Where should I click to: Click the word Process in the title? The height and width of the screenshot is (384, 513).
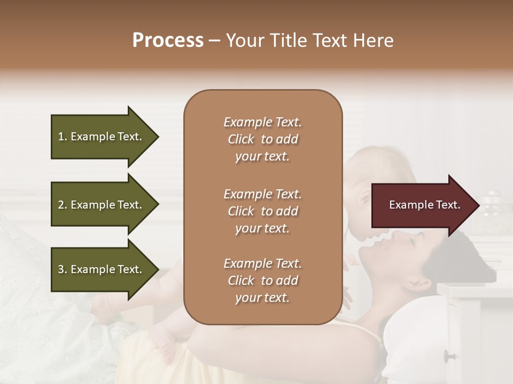click(x=168, y=41)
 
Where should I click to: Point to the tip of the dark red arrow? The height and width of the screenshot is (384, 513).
click(x=477, y=205)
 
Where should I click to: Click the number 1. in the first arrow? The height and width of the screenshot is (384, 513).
click(x=63, y=137)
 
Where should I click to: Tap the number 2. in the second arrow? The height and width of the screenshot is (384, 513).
click(x=63, y=205)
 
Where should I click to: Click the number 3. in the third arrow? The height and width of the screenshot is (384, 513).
click(x=63, y=269)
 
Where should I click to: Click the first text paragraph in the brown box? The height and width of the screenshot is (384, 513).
click(x=262, y=139)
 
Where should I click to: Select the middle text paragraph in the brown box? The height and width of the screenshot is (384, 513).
click(x=262, y=211)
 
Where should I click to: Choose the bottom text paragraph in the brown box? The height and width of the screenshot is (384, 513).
click(x=262, y=281)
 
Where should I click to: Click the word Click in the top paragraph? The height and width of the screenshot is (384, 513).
click(x=241, y=139)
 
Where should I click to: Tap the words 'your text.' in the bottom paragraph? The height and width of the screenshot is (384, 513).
click(x=262, y=298)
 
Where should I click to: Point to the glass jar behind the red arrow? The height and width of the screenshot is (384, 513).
click(x=494, y=213)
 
